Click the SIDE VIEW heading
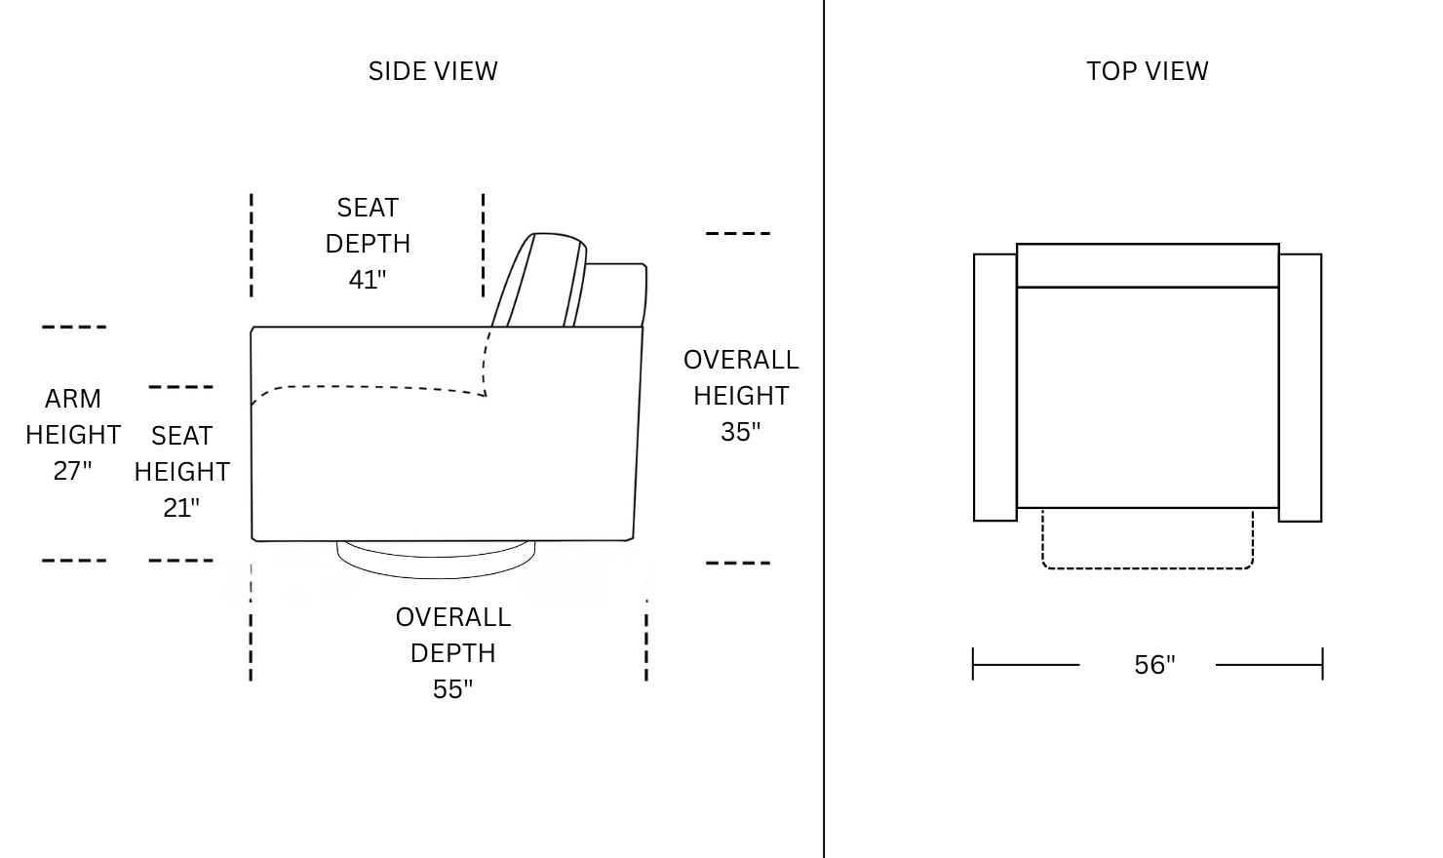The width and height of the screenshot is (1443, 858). [433, 71]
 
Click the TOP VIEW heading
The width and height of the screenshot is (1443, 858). [1148, 71]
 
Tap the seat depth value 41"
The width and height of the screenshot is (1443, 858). [368, 280]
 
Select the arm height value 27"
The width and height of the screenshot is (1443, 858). [72, 471]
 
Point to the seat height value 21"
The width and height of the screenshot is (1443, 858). [181, 508]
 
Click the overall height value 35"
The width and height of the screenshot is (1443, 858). [740, 432]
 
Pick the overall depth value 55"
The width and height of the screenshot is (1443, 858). [452, 689]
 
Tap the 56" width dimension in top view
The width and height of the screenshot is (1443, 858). [1154, 665]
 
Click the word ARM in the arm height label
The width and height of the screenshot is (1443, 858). [73, 399]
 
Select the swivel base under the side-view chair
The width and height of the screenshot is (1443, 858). [436, 559]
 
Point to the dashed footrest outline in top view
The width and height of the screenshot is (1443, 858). [1148, 568]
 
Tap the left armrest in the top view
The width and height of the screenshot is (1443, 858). [995, 387]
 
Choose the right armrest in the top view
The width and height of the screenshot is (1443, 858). [1300, 387]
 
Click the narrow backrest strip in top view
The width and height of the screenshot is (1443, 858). [1148, 265]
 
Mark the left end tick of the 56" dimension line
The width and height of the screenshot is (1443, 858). [973, 664]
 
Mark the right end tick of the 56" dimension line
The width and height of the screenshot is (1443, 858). [1322, 664]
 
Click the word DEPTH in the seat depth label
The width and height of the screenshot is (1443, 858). [368, 244]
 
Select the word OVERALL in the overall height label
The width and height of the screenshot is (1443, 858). [741, 360]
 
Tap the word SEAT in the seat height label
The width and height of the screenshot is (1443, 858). [181, 436]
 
